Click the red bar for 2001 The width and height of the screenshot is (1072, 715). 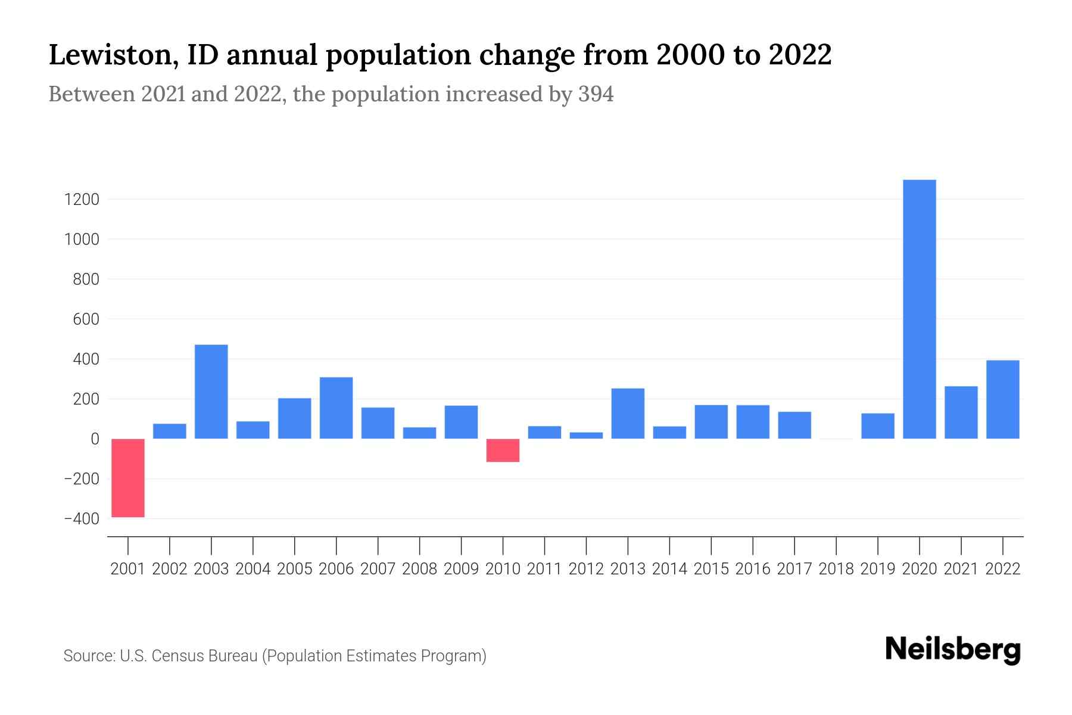(128, 478)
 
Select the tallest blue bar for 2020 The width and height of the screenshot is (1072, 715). (920, 309)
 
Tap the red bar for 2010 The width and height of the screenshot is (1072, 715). (503, 450)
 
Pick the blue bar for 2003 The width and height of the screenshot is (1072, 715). (211, 391)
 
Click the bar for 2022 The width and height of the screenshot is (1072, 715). (1003, 400)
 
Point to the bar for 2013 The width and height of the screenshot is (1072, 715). (628, 414)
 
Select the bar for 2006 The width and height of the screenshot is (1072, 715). (336, 408)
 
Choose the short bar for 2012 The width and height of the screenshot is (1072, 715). (586, 436)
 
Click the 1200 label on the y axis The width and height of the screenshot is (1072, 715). (82, 200)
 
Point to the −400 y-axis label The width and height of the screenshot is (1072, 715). (82, 519)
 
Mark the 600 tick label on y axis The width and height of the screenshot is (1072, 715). (86, 319)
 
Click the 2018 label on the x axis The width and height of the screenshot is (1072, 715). (836, 569)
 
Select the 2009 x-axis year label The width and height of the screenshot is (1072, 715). (462, 569)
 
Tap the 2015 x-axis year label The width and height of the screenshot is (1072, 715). (711, 569)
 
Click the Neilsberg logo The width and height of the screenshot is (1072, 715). (953, 650)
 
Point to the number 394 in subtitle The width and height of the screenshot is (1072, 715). (596, 94)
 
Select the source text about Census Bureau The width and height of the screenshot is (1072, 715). (275, 656)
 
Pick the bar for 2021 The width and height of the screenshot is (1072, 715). (961, 413)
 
